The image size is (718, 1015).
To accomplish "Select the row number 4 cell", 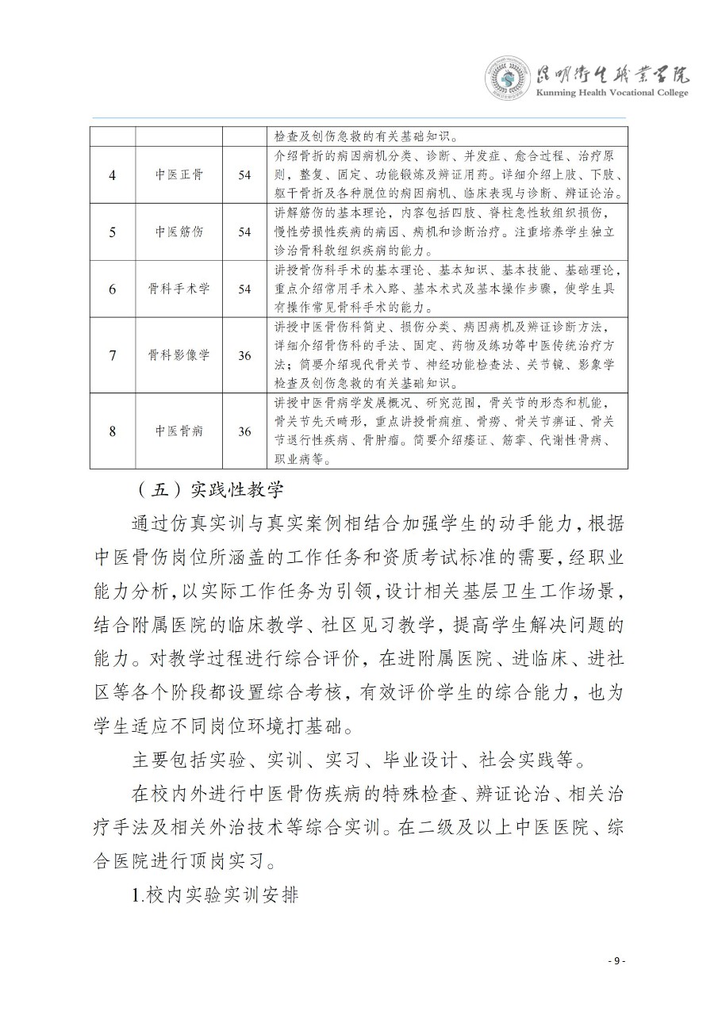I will pos(112,174).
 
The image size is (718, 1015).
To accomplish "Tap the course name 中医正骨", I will pos(179,174).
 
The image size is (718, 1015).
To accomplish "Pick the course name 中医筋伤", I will pos(179,232).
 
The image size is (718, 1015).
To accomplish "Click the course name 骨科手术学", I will pos(179,289).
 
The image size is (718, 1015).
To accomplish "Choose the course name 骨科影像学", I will pos(179,354).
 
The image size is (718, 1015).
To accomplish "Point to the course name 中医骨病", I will pos(179,431).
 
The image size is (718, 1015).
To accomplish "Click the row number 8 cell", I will pos(112,431).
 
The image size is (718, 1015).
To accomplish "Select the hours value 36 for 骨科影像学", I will pos(244,354).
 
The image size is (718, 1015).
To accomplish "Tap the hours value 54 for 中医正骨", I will pos(244,174).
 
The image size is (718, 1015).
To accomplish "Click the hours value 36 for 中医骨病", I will pos(244,431).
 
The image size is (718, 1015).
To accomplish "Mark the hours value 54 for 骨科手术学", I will pos(244,289).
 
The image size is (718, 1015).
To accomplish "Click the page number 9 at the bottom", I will pos(616,961).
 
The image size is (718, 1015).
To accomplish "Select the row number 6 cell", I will pos(112,289).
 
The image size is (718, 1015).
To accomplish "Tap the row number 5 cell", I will pos(112,232).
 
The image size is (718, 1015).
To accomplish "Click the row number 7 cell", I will pos(112,354).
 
